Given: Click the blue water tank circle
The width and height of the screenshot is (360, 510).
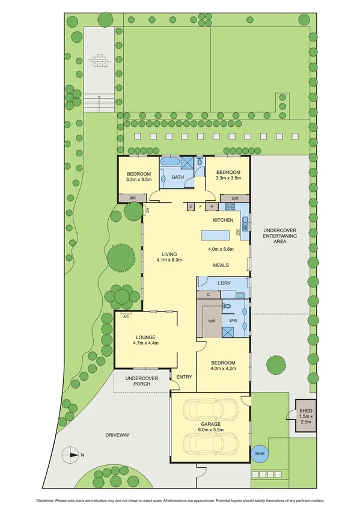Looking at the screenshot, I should (260, 454).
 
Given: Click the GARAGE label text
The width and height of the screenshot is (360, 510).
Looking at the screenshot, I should (210, 424).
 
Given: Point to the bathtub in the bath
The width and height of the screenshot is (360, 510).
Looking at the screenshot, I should (168, 162).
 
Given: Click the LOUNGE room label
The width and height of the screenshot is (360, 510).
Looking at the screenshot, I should (145, 337).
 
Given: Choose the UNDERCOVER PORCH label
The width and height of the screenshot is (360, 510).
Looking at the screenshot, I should (141, 381).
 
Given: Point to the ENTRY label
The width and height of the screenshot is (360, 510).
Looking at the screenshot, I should (184, 377).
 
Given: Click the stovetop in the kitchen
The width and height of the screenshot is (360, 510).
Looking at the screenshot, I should (229, 207).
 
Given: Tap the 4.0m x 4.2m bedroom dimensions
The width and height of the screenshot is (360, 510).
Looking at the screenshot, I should (222, 369).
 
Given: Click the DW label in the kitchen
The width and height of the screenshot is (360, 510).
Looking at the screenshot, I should (238, 230).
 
